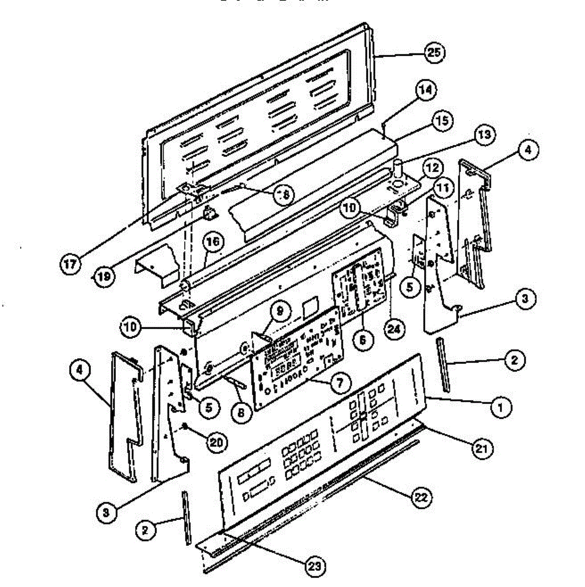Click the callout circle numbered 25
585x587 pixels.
pos(434,53)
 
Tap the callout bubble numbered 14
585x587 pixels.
pos(426,90)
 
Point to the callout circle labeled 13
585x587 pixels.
pos(483,135)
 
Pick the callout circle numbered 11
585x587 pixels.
pos(442,188)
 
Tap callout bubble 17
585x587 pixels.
pos(70,265)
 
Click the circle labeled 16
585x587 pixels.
pos(214,242)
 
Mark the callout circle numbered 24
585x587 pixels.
pos(394,329)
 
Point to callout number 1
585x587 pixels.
pos(500,407)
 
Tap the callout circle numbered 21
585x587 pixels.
pos(482,449)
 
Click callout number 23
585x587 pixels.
pos(315,566)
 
